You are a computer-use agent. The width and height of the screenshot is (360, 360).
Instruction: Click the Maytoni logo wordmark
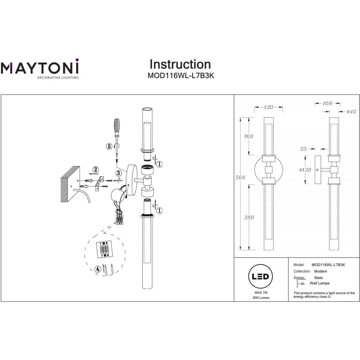(x=39, y=67)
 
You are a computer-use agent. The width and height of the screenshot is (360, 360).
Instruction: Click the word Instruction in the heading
(x=180, y=64)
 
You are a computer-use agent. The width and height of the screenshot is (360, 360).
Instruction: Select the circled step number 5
(x=109, y=146)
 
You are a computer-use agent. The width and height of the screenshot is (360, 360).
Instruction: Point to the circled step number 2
(x=95, y=169)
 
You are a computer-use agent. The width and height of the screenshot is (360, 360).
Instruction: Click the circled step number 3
(x=118, y=173)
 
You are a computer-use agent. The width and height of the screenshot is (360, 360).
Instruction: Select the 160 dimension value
(x=248, y=136)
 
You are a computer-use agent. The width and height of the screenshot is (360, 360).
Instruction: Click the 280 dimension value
(x=249, y=217)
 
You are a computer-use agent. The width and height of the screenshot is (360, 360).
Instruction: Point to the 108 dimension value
(x=327, y=103)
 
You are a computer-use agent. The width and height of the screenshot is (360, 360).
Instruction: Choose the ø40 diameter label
(x=351, y=112)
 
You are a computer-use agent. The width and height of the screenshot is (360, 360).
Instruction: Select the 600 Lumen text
(x=261, y=298)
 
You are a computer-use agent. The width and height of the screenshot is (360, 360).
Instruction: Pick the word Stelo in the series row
(x=319, y=278)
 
